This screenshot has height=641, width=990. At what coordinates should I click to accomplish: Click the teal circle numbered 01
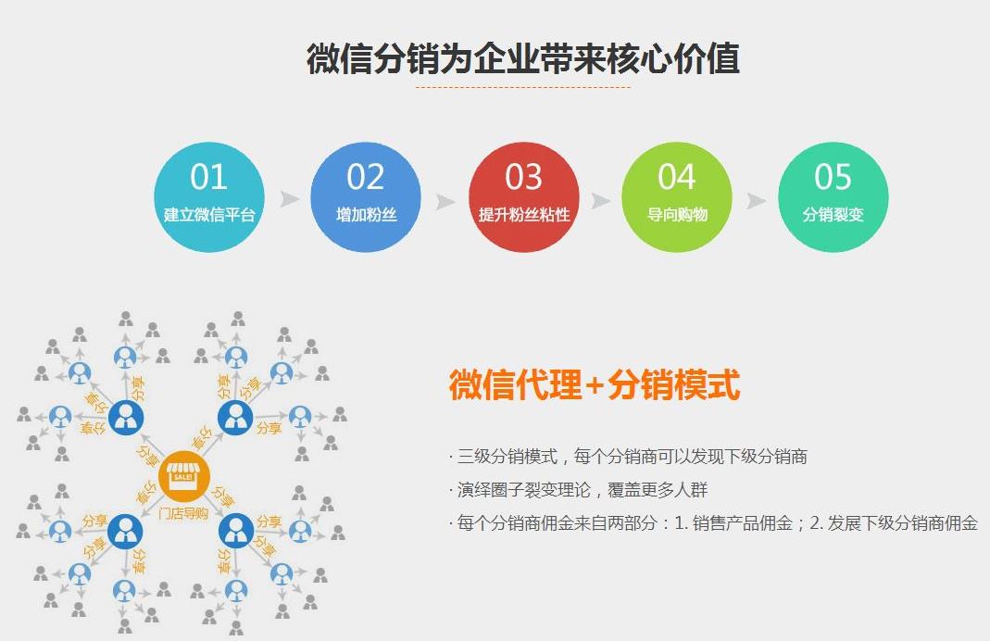(208, 197)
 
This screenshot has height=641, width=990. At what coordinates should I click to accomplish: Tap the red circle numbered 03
(523, 197)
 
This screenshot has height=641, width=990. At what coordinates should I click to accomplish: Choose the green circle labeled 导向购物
(676, 197)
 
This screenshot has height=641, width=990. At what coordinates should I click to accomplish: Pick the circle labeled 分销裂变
(833, 197)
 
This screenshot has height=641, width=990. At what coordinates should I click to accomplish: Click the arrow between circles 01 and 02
(290, 199)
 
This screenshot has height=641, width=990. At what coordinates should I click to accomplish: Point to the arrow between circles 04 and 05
(757, 200)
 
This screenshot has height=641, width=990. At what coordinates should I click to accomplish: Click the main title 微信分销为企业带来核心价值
(522, 58)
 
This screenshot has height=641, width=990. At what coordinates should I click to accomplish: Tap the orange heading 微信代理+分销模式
(595, 384)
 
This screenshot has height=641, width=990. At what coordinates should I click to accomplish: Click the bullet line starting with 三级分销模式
(630, 456)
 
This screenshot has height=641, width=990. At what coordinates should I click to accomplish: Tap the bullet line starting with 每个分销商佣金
(713, 522)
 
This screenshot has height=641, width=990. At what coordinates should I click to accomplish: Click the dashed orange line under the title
(522, 88)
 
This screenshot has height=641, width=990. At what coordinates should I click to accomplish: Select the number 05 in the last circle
(833, 177)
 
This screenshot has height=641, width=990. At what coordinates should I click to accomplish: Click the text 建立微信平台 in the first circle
(208, 215)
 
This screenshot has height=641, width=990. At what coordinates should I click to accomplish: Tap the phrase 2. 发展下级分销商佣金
(894, 522)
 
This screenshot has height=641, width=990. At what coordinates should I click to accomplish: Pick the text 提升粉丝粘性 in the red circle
(523, 215)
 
